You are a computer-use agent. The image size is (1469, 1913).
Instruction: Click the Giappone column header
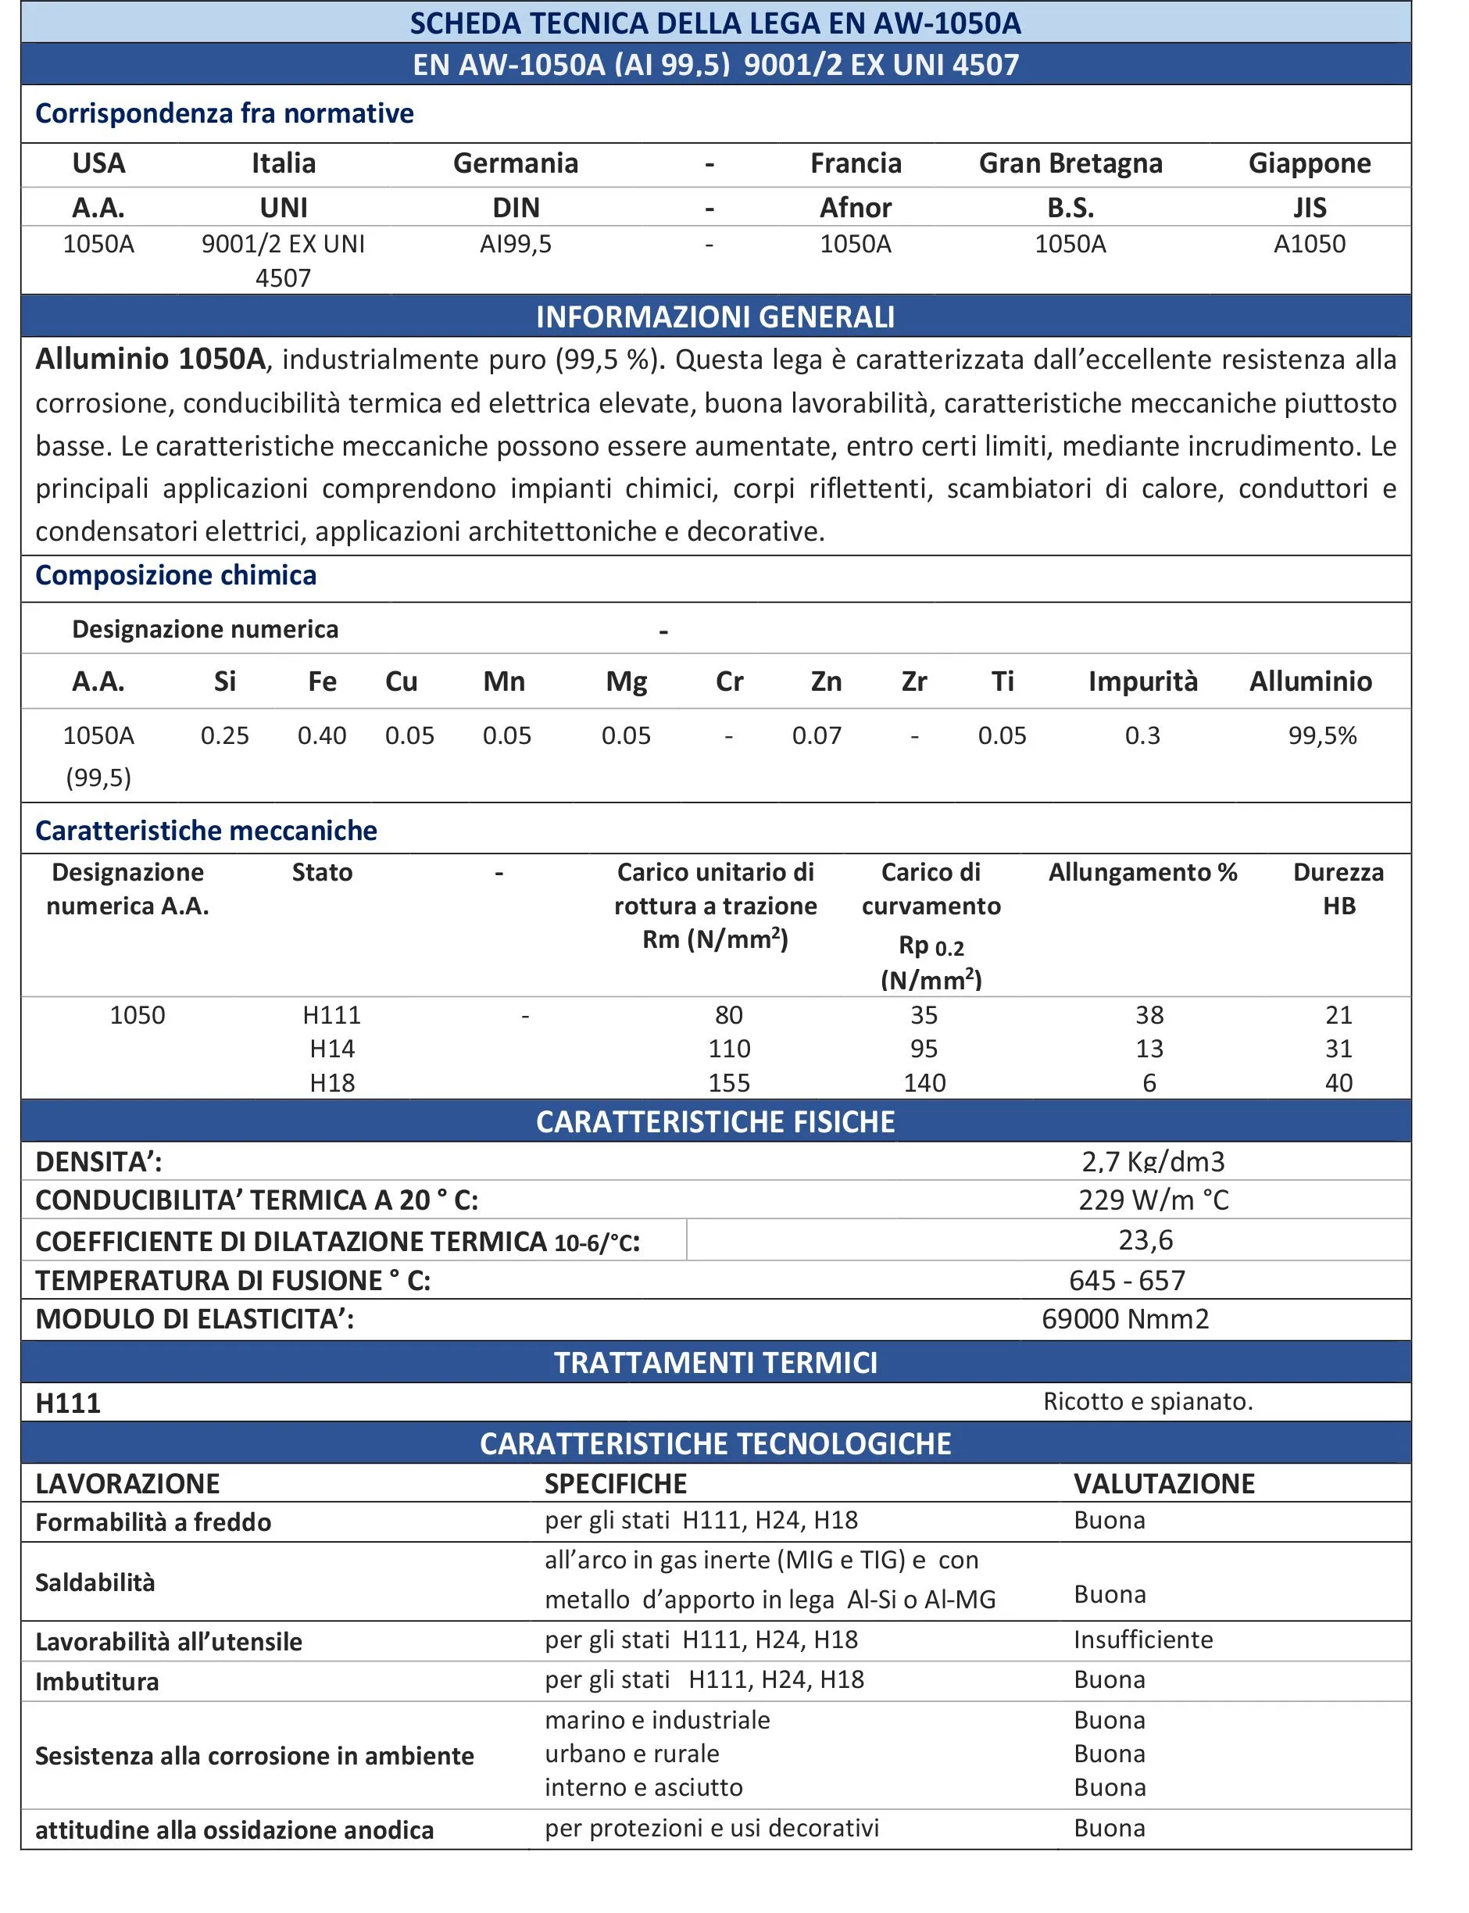[x=1309, y=163]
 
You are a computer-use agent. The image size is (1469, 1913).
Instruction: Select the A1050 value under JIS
[x=1309, y=244]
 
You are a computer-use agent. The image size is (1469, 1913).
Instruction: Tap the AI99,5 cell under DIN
[x=516, y=244]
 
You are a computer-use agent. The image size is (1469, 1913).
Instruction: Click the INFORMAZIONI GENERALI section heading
[x=715, y=316]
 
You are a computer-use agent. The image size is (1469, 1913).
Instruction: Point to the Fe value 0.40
[x=322, y=735]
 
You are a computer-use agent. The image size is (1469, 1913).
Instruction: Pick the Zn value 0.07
[x=817, y=735]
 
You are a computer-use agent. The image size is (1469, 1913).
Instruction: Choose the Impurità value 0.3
[x=1142, y=735]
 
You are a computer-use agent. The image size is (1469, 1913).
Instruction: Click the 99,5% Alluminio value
[x=1322, y=735]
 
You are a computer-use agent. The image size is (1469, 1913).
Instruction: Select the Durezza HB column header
[x=1338, y=889]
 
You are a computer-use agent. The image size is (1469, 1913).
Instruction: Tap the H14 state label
[x=332, y=1048]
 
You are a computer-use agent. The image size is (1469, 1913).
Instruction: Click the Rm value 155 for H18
[x=729, y=1083]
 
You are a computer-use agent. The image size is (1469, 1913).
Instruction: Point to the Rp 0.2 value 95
[x=924, y=1048]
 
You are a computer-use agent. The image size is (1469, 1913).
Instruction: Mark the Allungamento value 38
[x=1149, y=1015]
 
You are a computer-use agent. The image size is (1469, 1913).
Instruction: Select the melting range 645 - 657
[x=1127, y=1280]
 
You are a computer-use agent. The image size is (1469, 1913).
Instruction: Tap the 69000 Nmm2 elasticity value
[x=1125, y=1318]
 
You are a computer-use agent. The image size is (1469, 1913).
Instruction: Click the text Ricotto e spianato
[x=1147, y=1401]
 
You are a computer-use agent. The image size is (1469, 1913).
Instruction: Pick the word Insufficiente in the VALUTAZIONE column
[x=1143, y=1639]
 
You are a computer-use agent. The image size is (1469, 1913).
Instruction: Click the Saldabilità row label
[x=95, y=1582]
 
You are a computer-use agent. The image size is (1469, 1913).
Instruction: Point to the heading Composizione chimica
[x=176, y=575]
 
